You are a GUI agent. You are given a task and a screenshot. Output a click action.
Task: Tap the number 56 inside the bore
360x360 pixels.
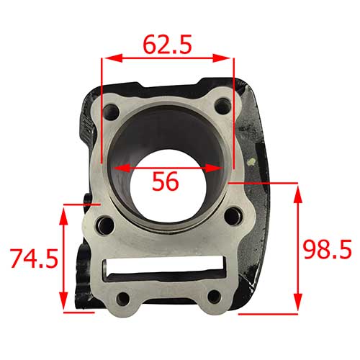tap(166, 182)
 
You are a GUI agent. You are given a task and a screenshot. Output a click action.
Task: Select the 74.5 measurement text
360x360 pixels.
tap(33, 258)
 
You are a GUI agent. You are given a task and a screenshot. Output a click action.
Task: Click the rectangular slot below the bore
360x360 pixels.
tap(167, 268)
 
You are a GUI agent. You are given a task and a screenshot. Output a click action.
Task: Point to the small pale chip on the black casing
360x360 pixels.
tap(252, 166)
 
